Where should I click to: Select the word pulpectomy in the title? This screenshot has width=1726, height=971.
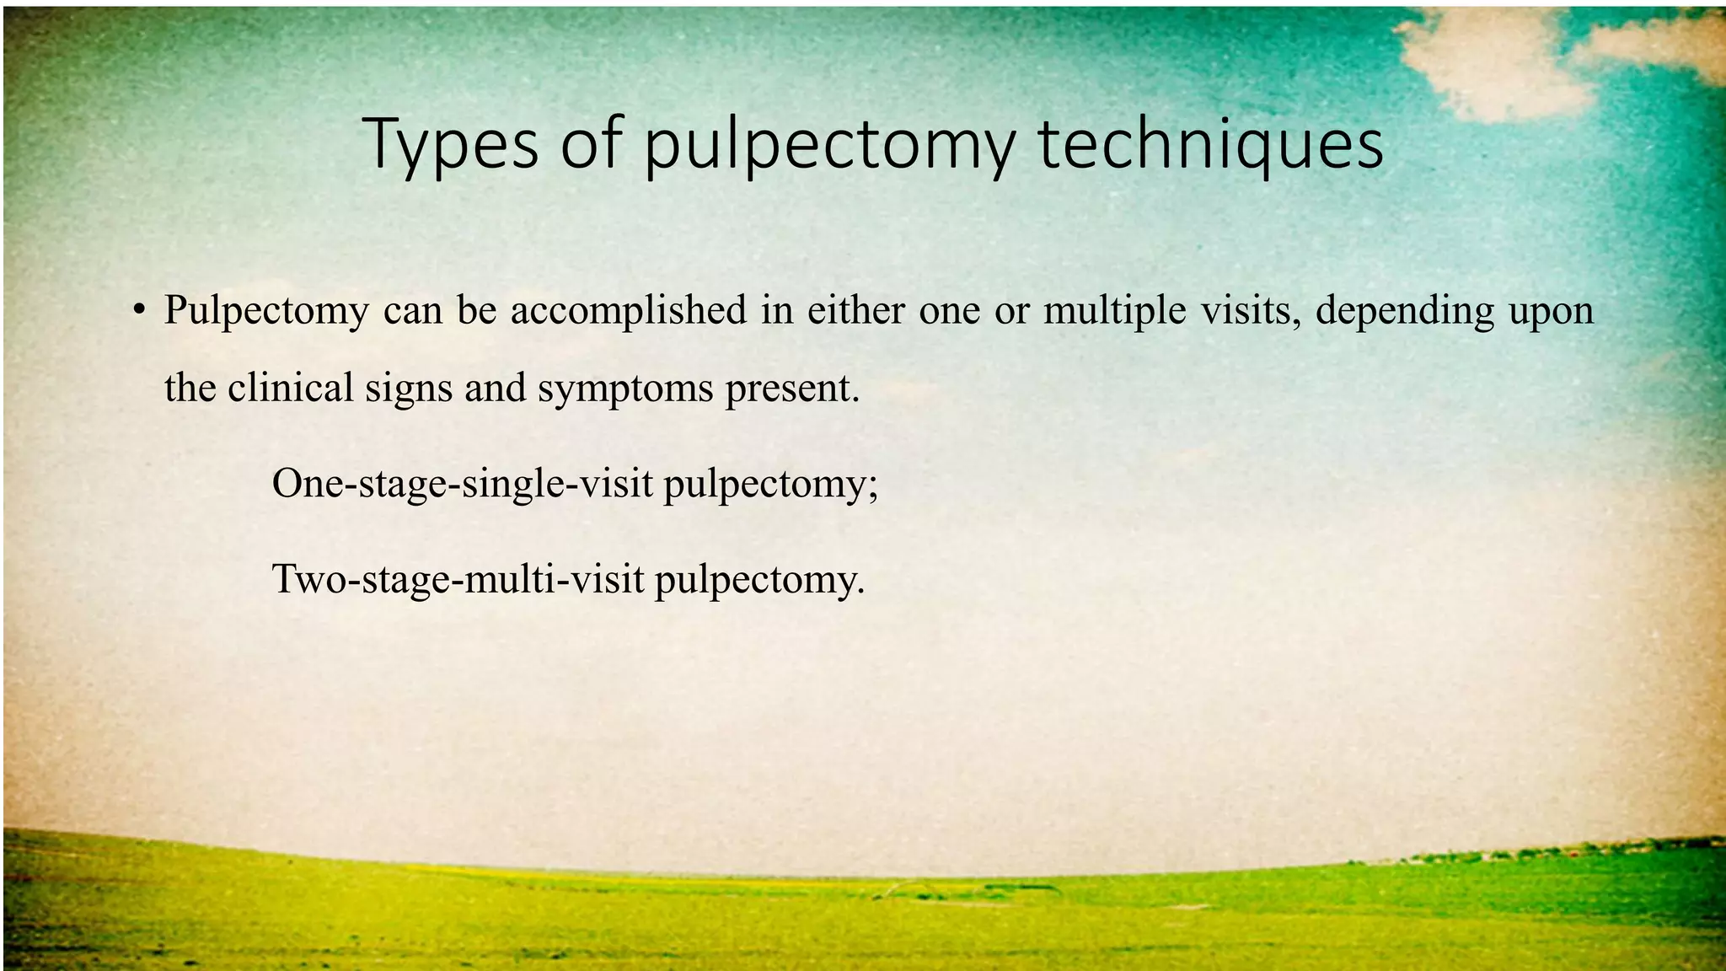[830, 148]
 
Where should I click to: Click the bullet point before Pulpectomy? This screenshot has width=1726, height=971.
[140, 308]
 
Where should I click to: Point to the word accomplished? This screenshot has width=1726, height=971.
[628, 310]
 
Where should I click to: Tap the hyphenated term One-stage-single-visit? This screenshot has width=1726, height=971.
[463, 484]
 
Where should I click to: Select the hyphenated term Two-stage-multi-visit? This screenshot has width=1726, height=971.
[458, 579]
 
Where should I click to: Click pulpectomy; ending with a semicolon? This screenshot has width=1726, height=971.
[771, 485]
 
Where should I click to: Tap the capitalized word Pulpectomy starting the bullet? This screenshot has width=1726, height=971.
[266, 310]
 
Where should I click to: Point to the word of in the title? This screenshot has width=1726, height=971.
[591, 145]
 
